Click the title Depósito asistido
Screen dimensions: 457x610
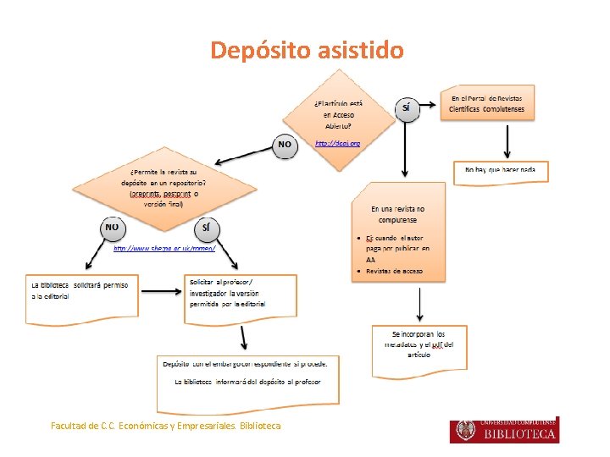click(x=307, y=51)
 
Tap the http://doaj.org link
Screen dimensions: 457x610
click(x=337, y=144)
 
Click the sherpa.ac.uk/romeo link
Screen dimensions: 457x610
click(x=164, y=248)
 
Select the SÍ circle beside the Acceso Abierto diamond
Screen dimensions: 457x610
click(x=408, y=108)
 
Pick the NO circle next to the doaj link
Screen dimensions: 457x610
click(x=285, y=145)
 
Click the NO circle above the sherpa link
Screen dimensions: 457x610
click(x=112, y=228)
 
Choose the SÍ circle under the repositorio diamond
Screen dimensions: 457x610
click(x=207, y=228)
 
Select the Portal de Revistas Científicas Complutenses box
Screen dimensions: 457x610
click(x=487, y=104)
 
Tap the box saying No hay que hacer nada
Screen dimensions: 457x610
click(x=500, y=171)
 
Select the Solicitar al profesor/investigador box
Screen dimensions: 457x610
click(x=240, y=291)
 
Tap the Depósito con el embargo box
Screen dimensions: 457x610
click(x=250, y=372)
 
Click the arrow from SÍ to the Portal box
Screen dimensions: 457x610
click(x=430, y=102)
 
